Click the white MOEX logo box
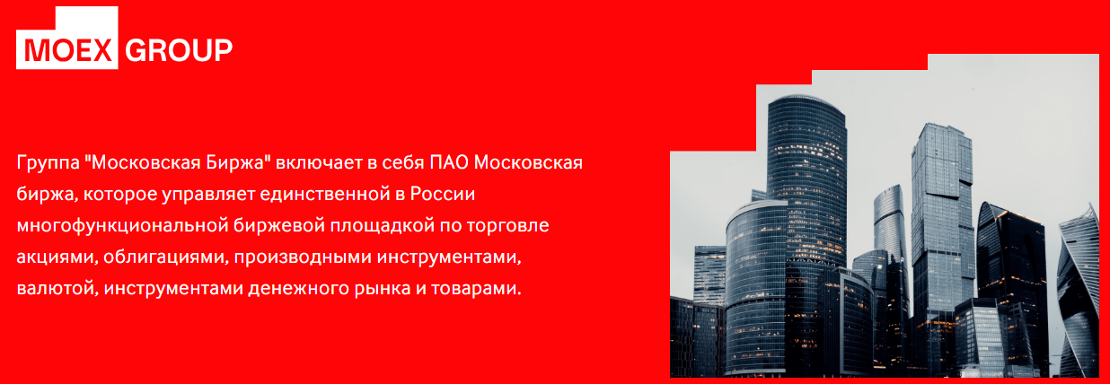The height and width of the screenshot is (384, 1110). pos(66,38)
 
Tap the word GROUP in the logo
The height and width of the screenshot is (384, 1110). pos(179,50)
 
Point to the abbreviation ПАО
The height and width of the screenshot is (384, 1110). pos(449,162)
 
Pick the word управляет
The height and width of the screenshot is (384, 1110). pos(208,195)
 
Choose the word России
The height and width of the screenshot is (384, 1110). pos(443,194)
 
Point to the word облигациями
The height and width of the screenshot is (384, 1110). pos(166,257)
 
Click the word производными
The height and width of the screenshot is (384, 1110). pos(303,257)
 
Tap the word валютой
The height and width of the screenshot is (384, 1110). pos(56,289)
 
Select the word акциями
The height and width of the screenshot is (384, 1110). pos(58,257)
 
